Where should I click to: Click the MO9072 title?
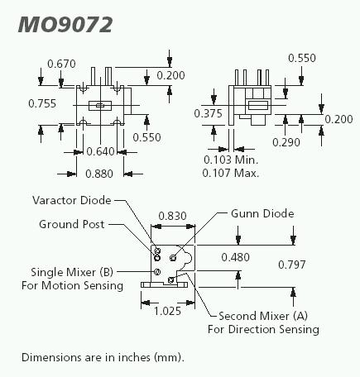pyautogui.click(x=65, y=25)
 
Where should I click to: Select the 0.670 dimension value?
pyautogui.click(x=61, y=64)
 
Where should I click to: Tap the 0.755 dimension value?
pyautogui.click(x=42, y=103)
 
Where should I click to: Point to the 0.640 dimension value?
pyautogui.click(x=100, y=151)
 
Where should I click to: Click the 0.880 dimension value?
pyautogui.click(x=99, y=174)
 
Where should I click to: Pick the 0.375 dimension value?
pyautogui.click(x=208, y=113)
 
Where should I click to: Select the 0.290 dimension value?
pyautogui.click(x=286, y=142)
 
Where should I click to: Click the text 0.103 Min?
pyautogui.click(x=231, y=160)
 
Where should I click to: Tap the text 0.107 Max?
pyautogui.click(x=231, y=173)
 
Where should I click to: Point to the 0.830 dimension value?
pyautogui.click(x=173, y=216)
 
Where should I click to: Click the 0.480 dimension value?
pyautogui.click(x=236, y=257)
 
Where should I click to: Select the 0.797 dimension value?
pyautogui.click(x=292, y=265)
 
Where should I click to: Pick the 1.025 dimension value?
pyautogui.click(x=167, y=312)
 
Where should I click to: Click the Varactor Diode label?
pyautogui.click(x=72, y=200)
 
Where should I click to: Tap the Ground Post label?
pyautogui.click(x=72, y=224)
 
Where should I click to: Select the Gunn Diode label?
pyautogui.click(x=262, y=213)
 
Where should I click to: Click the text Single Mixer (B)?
pyautogui.click(x=72, y=272)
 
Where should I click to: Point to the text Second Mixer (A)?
pyautogui.click(x=263, y=316)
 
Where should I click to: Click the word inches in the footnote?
pyautogui.click(x=134, y=357)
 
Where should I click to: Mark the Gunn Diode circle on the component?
pyautogui.click(x=173, y=258)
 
